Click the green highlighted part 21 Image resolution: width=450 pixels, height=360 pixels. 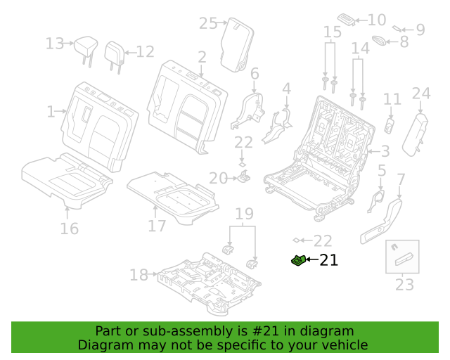tap(298, 260)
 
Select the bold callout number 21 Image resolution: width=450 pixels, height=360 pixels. tap(328, 260)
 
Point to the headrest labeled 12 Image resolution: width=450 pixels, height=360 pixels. tap(115, 57)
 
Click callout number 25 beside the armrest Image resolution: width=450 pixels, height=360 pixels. tap(208, 23)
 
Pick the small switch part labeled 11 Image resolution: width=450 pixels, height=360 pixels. tap(389, 125)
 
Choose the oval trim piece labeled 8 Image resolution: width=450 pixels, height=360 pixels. tap(379, 40)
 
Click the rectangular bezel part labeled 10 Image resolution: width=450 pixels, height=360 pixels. tap(347, 20)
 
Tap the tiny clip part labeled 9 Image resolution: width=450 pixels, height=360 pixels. tap(397, 28)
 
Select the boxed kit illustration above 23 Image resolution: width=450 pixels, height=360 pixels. tap(402, 257)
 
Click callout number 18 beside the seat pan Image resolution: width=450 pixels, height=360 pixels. tap(139, 275)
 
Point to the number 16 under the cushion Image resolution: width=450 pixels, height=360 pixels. tap(69, 229)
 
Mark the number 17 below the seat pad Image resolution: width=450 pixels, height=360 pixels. tap(157, 226)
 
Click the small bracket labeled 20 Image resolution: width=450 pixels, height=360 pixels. tap(244, 176)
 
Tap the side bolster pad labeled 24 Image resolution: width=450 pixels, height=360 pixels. tap(416, 134)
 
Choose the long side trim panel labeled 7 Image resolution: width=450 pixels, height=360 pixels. tap(382, 221)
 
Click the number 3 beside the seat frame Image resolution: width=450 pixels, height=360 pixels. tap(385, 151)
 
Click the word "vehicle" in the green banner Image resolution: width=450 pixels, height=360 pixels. tap(349, 345)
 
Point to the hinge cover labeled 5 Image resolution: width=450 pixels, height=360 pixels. tap(375, 201)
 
